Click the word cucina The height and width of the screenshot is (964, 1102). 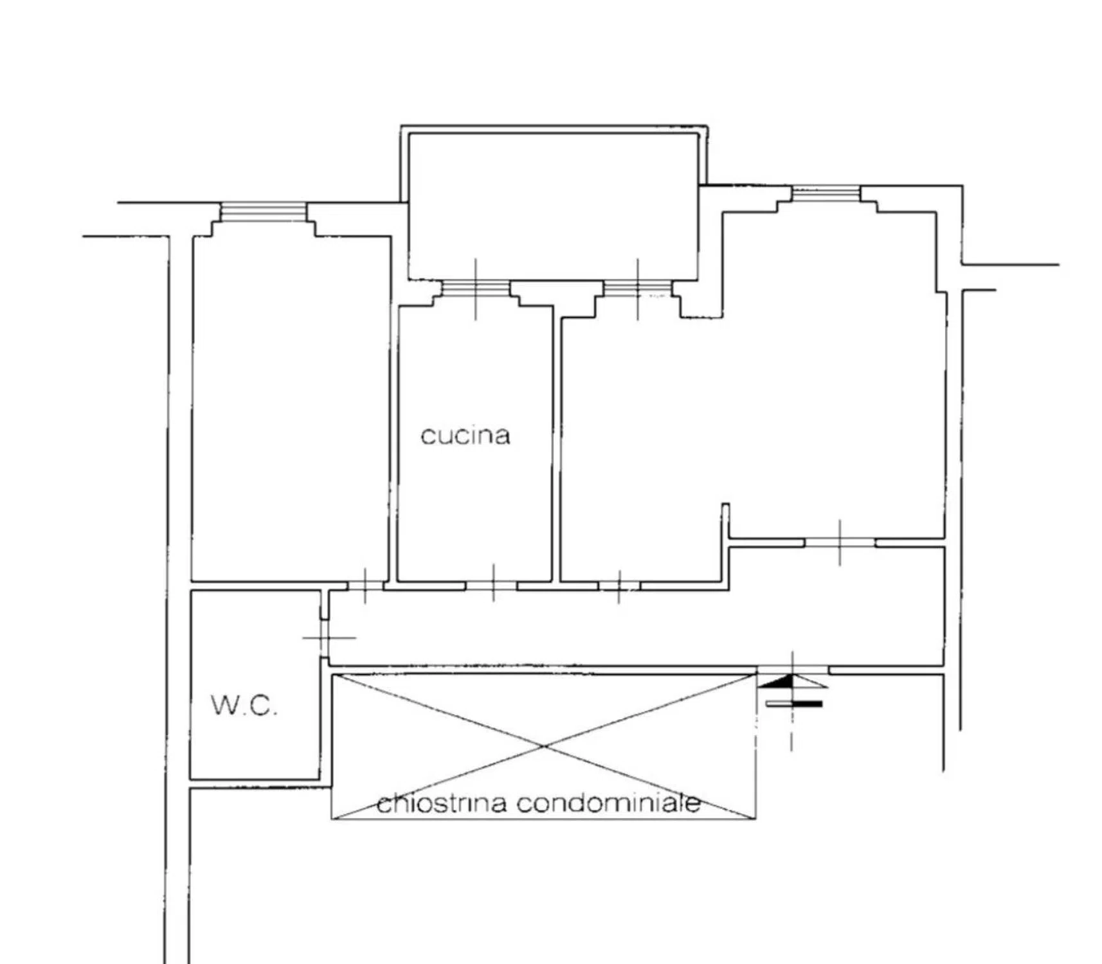pyautogui.click(x=465, y=436)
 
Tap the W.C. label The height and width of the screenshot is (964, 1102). pyautogui.click(x=244, y=705)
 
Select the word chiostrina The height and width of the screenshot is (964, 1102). pyautogui.click(x=441, y=803)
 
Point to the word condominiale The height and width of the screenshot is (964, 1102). pyautogui.click(x=608, y=803)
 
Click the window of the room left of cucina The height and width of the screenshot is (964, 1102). pyautogui.click(x=264, y=212)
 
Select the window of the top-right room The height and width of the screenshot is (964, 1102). pyautogui.click(x=826, y=192)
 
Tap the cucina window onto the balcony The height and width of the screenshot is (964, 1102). pyautogui.click(x=476, y=289)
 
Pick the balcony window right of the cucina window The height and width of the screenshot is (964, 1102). pyautogui.click(x=638, y=289)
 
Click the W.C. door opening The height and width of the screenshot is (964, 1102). pyautogui.click(x=325, y=638)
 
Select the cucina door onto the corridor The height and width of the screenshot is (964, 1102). pyautogui.click(x=492, y=585)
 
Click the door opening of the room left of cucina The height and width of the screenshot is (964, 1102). pyautogui.click(x=365, y=585)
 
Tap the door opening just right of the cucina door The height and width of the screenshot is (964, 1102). pyautogui.click(x=619, y=585)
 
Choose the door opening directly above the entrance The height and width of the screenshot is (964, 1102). pyautogui.click(x=840, y=543)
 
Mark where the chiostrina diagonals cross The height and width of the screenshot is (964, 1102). pyautogui.click(x=544, y=746)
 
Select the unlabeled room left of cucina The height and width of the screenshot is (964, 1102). pyautogui.click(x=291, y=408)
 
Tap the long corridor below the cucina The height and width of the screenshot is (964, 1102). pyautogui.click(x=637, y=627)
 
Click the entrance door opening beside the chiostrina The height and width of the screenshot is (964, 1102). pyautogui.click(x=792, y=670)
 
